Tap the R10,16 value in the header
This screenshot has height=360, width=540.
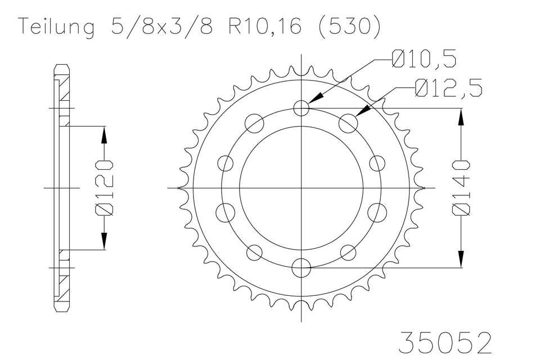coord(265,26)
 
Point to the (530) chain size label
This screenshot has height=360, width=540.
coord(349,26)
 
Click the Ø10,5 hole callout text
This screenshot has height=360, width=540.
coord(424,59)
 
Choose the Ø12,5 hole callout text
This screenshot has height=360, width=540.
coord(448,88)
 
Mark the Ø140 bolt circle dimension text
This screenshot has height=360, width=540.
coord(461,188)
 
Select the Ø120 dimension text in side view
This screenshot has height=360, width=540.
coord(103,188)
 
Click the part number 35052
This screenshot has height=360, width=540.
coord(445,343)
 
